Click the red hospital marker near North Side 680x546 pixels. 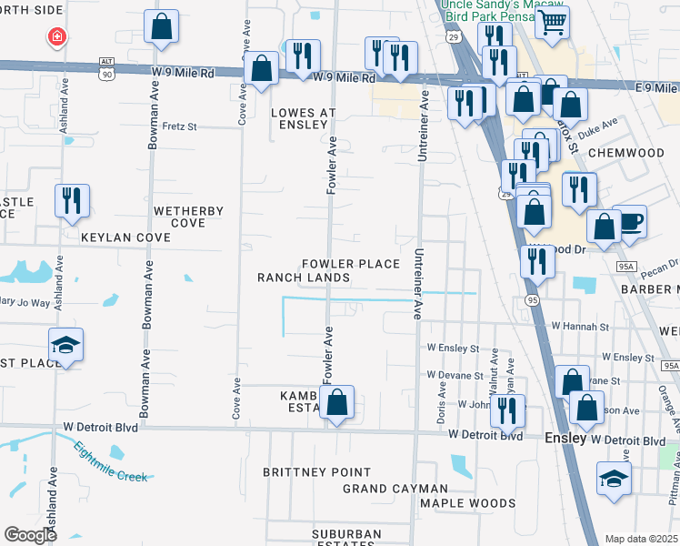click(x=56, y=36)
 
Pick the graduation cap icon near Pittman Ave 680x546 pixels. click(x=615, y=478)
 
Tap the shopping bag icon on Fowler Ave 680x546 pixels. click(x=336, y=402)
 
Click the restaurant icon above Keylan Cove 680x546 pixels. click(x=72, y=200)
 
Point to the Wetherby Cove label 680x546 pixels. click(x=188, y=217)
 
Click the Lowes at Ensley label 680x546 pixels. click(x=304, y=118)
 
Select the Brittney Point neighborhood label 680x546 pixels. click(x=316, y=472)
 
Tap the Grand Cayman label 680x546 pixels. click(x=395, y=489)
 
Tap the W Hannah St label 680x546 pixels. click(x=579, y=325)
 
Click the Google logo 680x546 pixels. click(x=30, y=535)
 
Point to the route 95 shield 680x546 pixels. click(x=533, y=299)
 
